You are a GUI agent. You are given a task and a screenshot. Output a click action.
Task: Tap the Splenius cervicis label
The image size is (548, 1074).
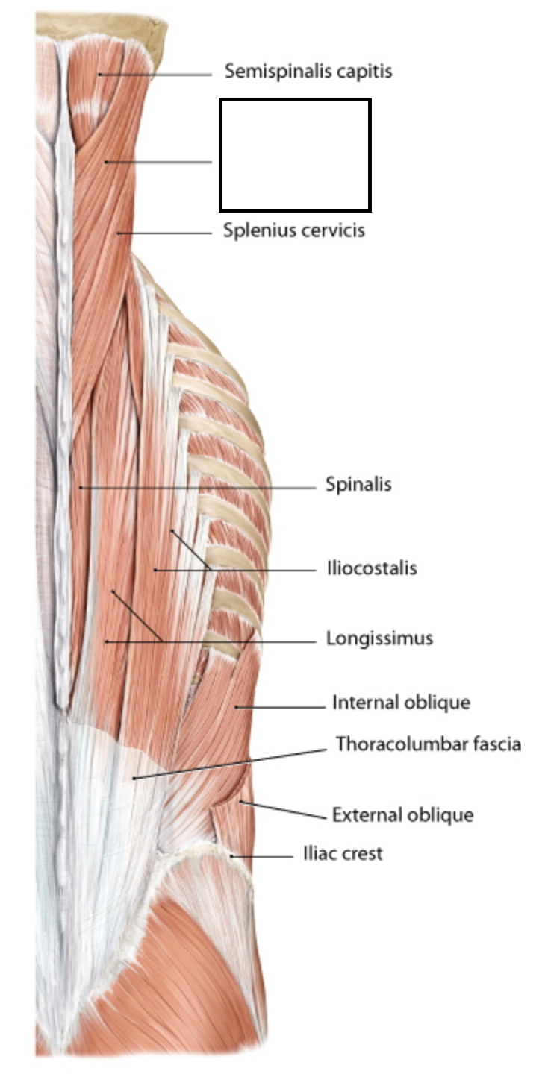pos(294,230)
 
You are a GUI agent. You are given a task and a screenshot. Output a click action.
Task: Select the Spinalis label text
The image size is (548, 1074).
pos(358,485)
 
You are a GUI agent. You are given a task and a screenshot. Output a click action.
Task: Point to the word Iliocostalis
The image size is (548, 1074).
pos(372,568)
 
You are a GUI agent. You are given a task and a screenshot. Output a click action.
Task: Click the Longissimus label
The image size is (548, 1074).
pos(379,639)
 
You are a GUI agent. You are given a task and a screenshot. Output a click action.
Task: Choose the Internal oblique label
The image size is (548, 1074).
pos(401,703)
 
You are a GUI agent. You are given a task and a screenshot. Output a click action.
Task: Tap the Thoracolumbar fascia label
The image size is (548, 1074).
pos(428,744)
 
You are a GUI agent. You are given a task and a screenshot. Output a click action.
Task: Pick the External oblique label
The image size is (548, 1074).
pos(402,814)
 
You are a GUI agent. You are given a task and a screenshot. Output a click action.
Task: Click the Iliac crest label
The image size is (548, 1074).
pos(343,853)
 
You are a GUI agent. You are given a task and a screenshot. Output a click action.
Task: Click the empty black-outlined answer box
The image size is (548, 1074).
pos(295,155)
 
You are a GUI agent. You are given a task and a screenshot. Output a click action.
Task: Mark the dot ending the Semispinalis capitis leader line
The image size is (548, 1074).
pos(99,75)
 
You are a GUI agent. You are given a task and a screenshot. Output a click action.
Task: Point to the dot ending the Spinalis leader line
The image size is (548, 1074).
pos(81,488)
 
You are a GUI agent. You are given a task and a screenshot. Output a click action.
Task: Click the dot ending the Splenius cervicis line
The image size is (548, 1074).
pos(119,233)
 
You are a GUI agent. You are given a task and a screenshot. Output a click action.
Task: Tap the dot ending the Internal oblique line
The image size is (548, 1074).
pos(236,706)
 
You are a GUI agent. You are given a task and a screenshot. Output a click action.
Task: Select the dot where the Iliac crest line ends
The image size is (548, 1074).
pos(232,856)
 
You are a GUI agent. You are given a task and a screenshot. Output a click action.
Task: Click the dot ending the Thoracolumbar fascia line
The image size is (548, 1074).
pos(134,779)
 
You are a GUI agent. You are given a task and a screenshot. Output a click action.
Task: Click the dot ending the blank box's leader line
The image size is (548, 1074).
pos(106,161)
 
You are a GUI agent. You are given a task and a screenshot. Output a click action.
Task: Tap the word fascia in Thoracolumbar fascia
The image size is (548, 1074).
pos(495,744)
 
